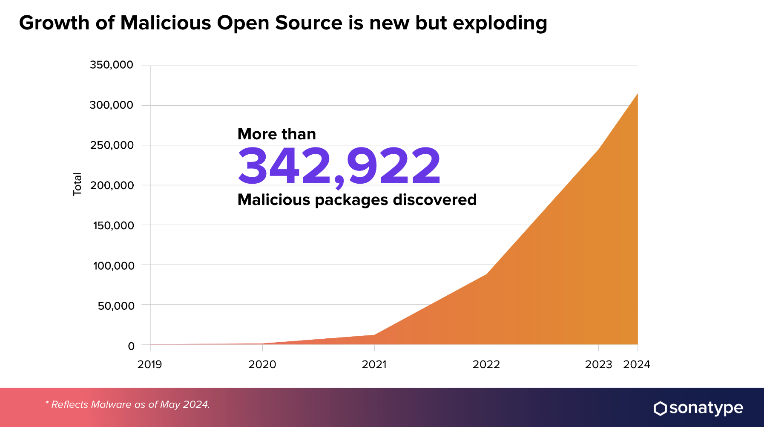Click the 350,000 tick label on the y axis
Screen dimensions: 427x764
112,65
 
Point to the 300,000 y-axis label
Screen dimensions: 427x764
112,105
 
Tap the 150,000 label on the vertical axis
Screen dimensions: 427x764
113,225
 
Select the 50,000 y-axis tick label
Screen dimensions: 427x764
116,306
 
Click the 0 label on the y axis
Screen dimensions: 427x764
131,346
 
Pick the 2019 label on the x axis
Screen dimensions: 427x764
149,364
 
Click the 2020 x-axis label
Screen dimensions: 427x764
262,364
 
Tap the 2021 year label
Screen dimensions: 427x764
374,364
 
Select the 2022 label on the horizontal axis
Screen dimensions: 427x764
486,364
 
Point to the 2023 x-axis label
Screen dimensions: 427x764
598,364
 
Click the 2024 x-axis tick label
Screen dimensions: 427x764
637,364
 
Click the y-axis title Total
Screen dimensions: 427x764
77,184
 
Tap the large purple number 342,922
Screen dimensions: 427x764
339,167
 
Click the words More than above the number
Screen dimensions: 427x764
276,134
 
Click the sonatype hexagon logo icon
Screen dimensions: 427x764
660,408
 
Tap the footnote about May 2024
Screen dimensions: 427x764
128,404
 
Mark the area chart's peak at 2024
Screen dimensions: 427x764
637,93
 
